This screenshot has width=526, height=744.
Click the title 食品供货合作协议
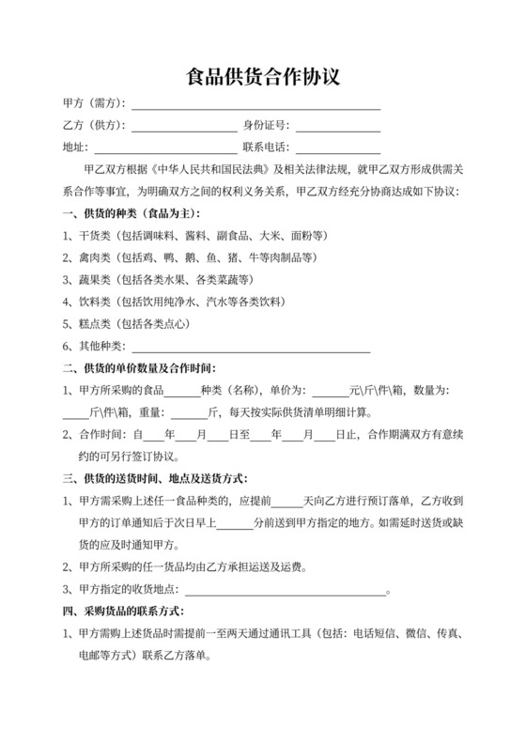262,76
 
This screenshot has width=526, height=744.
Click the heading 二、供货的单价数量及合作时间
139,367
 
